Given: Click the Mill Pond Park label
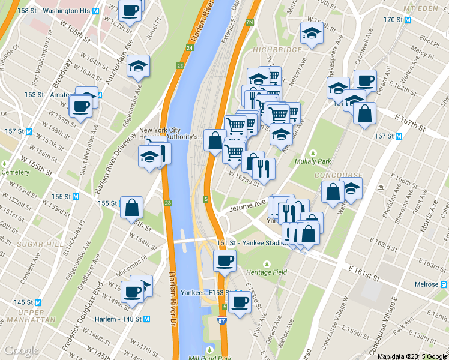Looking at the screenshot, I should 209,358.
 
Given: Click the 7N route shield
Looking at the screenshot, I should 249,22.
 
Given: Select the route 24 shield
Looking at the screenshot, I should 190,47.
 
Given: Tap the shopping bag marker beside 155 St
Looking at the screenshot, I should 131,208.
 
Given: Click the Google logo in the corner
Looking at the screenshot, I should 22,350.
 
